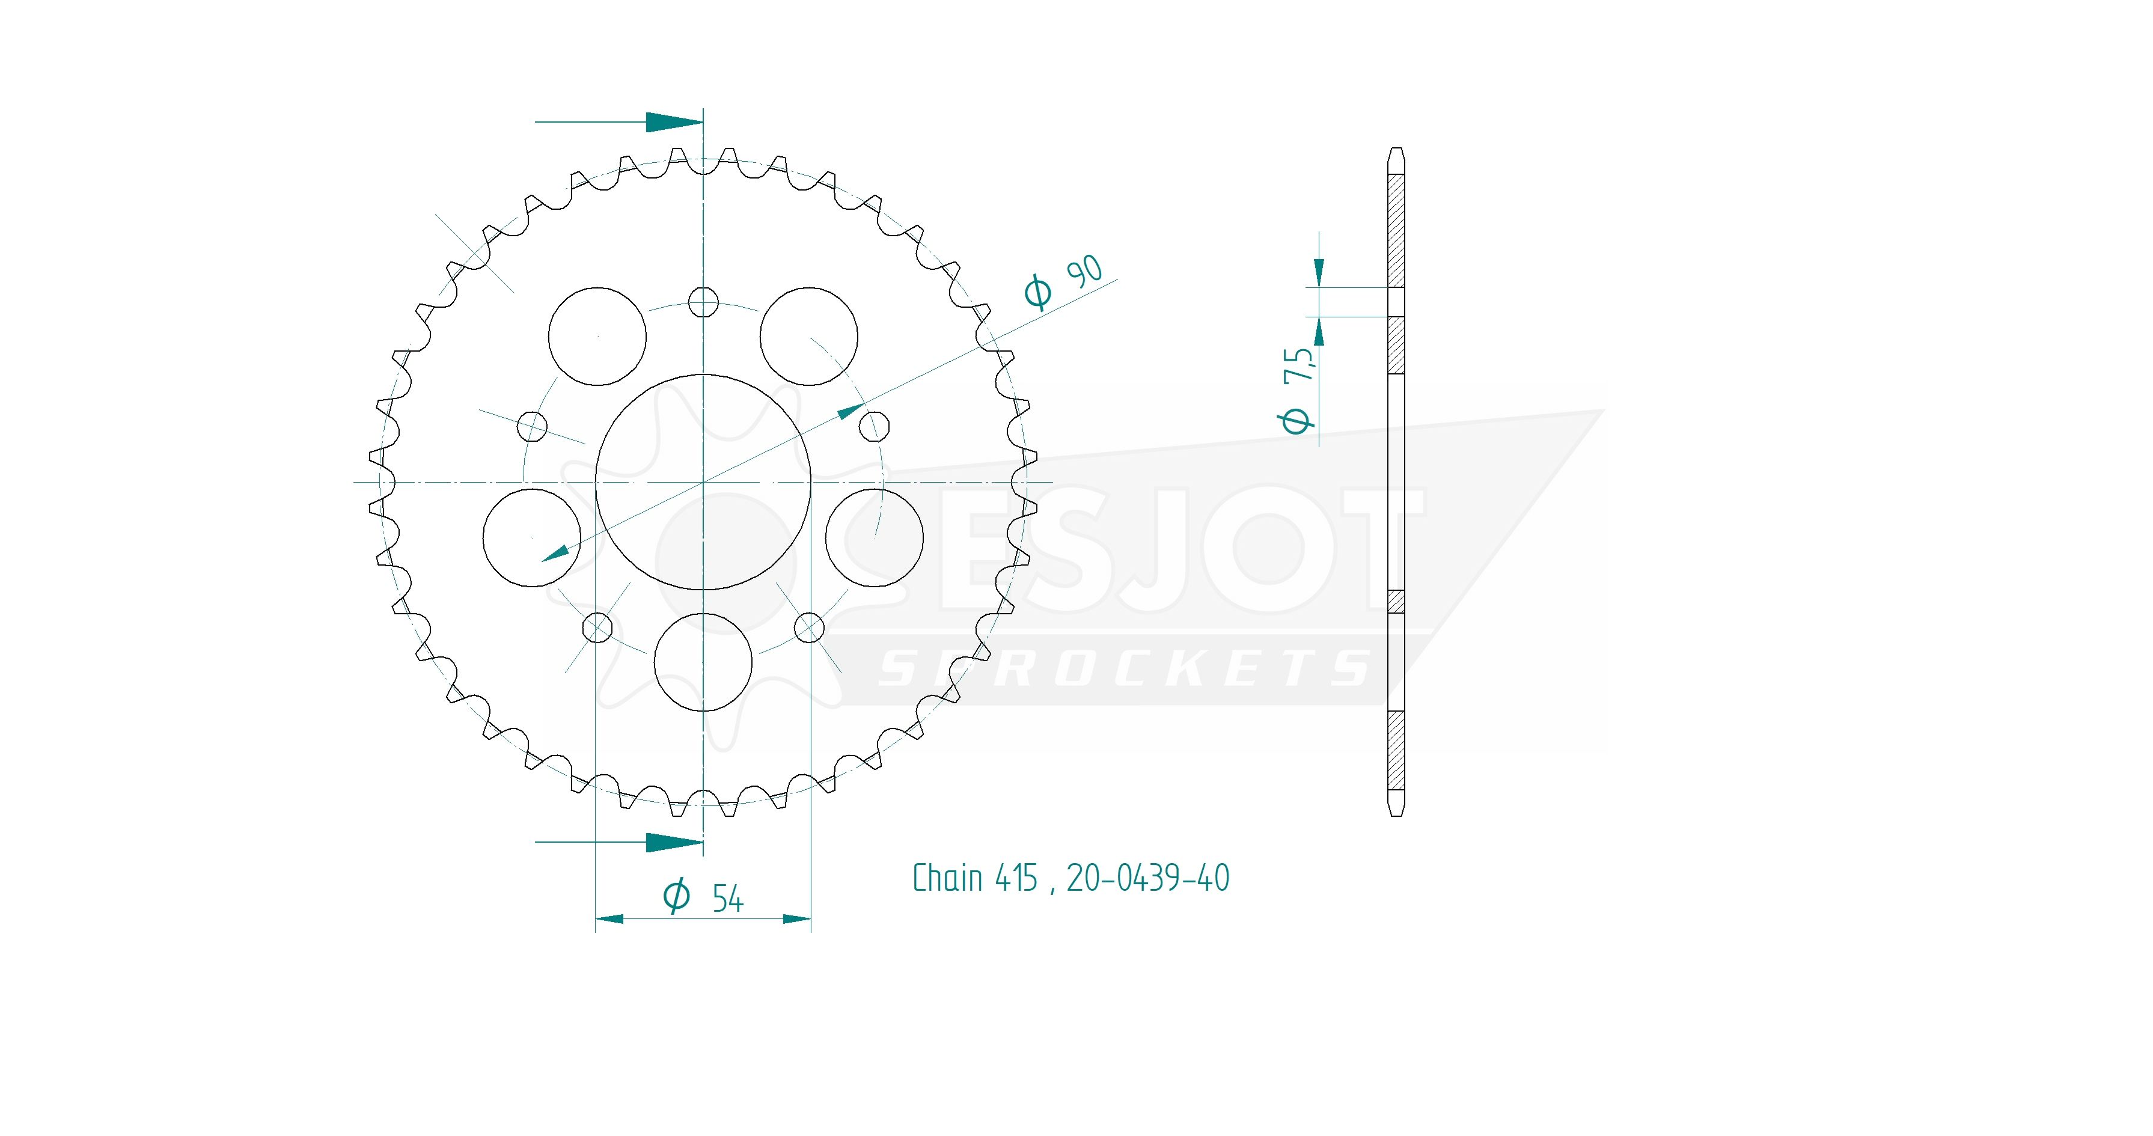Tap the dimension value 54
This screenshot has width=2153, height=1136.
pos(727,899)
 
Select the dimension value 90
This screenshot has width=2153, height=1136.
pos(1085,272)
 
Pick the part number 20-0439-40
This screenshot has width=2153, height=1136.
pos(1147,878)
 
